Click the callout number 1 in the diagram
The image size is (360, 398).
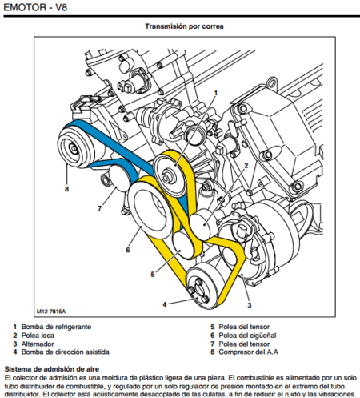(x=215, y=93)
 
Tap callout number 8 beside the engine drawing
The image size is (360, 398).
(x=66, y=190)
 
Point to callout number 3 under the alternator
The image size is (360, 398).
(x=249, y=306)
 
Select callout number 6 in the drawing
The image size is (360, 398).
(x=126, y=250)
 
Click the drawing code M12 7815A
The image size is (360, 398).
(x=52, y=311)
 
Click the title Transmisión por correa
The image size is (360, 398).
(x=183, y=26)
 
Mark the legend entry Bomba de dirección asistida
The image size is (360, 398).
(x=62, y=351)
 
